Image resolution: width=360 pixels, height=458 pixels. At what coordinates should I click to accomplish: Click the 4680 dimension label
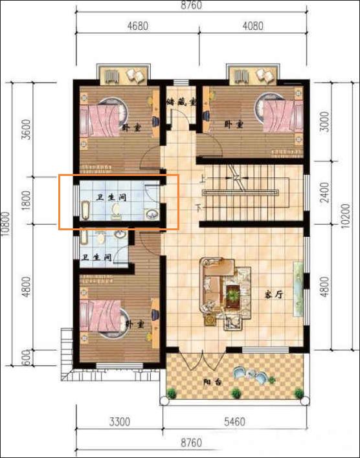pyautogui.click(x=137, y=26)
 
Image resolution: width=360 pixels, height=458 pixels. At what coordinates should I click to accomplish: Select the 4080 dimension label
pyautogui.click(x=253, y=26)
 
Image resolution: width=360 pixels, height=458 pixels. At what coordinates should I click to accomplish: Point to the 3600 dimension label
pyautogui.click(x=27, y=129)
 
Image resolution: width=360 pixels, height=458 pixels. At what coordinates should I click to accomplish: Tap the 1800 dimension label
pyautogui.click(x=27, y=201)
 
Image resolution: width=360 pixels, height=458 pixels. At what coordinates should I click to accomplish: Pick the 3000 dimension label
pyautogui.click(x=325, y=121)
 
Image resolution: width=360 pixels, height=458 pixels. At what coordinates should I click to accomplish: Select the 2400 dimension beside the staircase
pyautogui.click(x=325, y=193)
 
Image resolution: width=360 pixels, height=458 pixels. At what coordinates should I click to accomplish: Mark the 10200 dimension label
pyautogui.click(x=345, y=216)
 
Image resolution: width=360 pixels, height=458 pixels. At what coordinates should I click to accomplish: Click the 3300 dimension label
pyautogui.click(x=120, y=422)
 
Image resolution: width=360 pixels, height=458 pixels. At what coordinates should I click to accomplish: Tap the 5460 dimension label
pyautogui.click(x=234, y=422)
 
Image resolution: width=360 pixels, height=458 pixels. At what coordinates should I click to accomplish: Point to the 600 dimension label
pyautogui.click(x=27, y=358)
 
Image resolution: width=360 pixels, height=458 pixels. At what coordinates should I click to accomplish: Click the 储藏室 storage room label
pyautogui.click(x=181, y=102)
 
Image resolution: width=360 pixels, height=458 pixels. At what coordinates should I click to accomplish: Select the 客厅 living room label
pyautogui.click(x=275, y=295)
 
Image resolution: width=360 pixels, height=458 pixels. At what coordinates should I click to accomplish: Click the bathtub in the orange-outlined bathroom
pyautogui.click(x=85, y=210)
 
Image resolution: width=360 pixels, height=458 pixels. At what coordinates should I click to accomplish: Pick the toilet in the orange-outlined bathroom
pyautogui.click(x=115, y=212)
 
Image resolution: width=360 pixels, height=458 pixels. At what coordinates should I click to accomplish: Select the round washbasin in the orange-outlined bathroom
pyautogui.click(x=152, y=215)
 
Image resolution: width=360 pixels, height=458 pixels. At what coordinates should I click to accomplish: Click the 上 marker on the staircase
pyautogui.click(x=202, y=179)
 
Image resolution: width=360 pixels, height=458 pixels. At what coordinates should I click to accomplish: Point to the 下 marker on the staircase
pyautogui.click(x=199, y=208)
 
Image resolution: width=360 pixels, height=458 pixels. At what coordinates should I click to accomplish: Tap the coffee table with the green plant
pyautogui.click(x=233, y=296)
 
